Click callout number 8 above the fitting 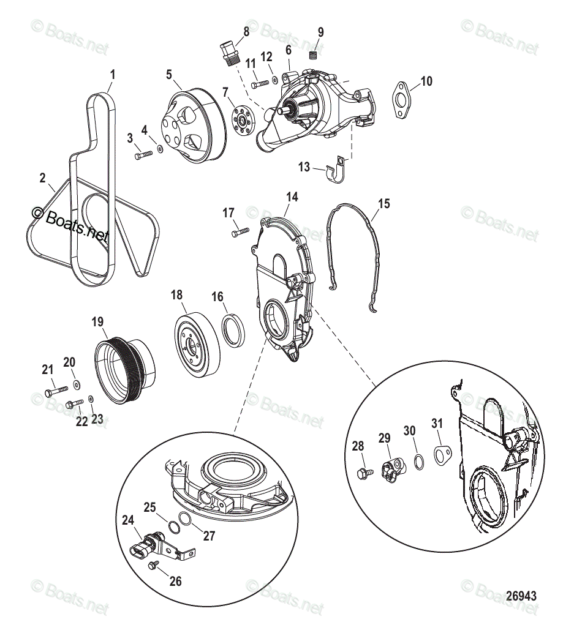click(246, 31)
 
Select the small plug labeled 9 click(312, 56)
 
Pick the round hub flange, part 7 click(243, 121)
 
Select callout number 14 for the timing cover click(292, 197)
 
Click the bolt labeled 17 click(240, 232)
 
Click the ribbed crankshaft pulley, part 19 click(126, 369)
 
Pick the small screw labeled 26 click(155, 564)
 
